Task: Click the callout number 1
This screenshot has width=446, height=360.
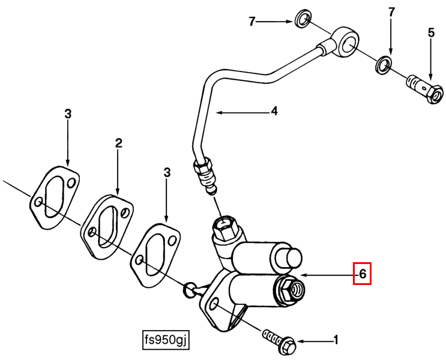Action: click(336, 340)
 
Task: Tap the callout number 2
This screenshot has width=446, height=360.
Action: click(118, 143)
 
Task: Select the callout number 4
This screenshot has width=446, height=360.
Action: click(274, 111)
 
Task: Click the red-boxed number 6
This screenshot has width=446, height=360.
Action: click(362, 274)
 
